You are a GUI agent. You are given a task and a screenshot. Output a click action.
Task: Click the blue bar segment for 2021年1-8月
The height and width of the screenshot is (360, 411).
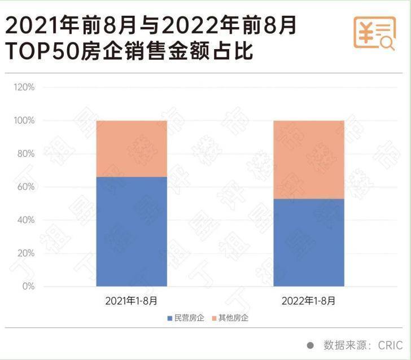132,231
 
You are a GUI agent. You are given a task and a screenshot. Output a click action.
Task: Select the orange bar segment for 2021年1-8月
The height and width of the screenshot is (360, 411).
132,148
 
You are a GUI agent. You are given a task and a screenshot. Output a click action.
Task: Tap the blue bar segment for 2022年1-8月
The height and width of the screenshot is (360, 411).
309,243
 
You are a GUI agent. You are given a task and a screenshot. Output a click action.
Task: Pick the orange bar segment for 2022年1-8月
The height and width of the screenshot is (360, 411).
309,159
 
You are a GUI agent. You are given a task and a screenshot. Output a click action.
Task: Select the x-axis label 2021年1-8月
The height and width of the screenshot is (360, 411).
132,301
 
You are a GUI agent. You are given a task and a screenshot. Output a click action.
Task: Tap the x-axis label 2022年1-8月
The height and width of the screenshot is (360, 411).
309,301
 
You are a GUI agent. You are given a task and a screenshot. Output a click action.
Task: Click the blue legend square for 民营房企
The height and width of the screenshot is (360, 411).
169,318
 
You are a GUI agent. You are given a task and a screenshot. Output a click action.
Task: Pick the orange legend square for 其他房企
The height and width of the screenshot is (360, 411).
214,318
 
